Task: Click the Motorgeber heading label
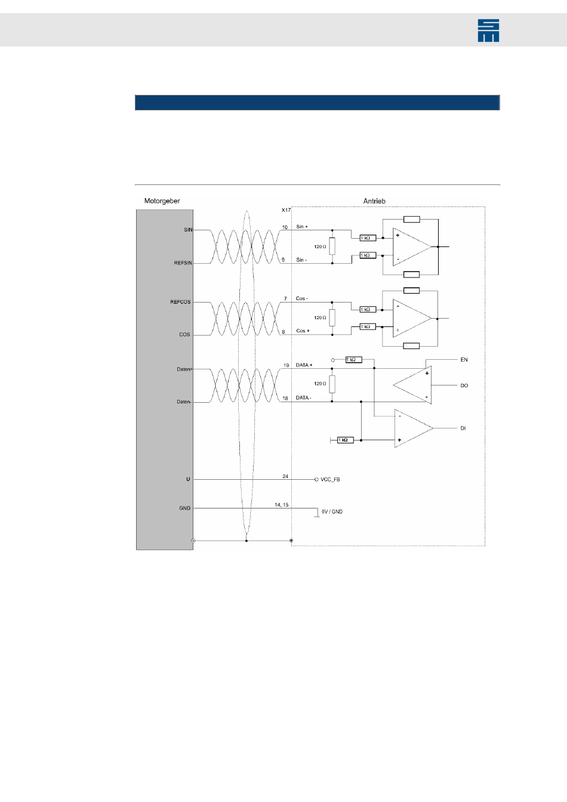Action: point(162,201)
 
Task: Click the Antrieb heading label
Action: point(374,201)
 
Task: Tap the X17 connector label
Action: point(286,210)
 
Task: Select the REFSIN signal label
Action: point(183,263)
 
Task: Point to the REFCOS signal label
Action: point(180,302)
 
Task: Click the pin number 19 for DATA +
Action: point(286,365)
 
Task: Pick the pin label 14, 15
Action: point(281,505)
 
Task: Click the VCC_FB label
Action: point(330,480)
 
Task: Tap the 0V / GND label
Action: point(332,512)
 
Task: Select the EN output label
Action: point(464,360)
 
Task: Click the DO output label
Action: point(464,385)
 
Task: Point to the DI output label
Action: point(463,428)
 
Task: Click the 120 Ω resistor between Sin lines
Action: point(332,246)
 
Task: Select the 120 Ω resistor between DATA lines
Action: point(332,384)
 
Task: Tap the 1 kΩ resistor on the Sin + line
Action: point(368,238)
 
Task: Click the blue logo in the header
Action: point(488,30)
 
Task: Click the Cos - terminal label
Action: point(302,298)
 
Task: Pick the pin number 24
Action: point(285,476)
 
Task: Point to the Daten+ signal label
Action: point(184,369)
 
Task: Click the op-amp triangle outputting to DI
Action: point(412,428)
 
